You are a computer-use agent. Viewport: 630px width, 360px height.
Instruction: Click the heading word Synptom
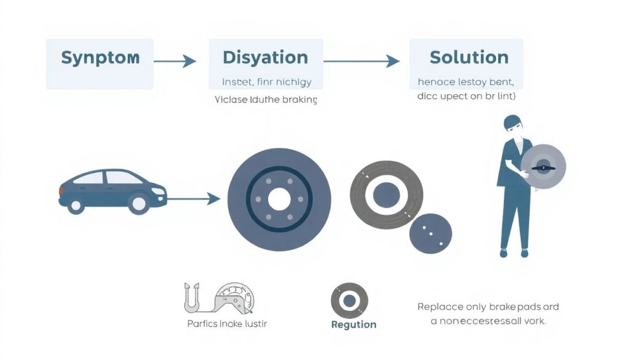click(100, 58)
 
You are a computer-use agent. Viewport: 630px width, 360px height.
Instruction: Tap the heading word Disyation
click(265, 58)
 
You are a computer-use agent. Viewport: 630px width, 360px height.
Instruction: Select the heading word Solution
click(469, 58)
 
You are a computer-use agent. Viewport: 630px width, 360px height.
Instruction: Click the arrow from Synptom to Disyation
click(175, 61)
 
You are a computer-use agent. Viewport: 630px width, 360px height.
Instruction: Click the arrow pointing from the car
click(194, 198)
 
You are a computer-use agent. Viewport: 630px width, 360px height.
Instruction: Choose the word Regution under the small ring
click(353, 324)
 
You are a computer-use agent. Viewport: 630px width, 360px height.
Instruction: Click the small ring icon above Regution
click(349, 301)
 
